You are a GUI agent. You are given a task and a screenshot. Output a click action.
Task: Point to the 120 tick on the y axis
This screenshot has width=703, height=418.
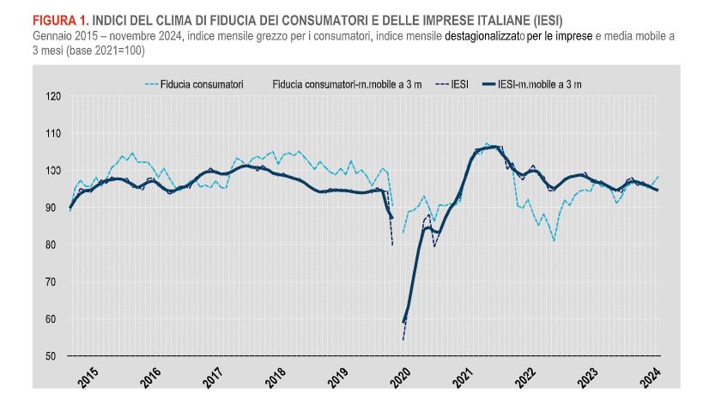point(54,96)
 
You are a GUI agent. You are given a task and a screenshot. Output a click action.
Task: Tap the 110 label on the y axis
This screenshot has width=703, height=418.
point(54,134)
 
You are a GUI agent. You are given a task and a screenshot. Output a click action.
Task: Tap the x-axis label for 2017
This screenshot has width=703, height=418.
point(214,378)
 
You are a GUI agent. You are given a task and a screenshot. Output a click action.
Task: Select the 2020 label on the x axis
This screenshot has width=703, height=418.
point(401,378)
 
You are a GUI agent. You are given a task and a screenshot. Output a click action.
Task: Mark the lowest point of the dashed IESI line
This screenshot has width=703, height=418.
point(403,339)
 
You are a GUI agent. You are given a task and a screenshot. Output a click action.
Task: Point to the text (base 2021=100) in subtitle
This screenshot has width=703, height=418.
point(99,51)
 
